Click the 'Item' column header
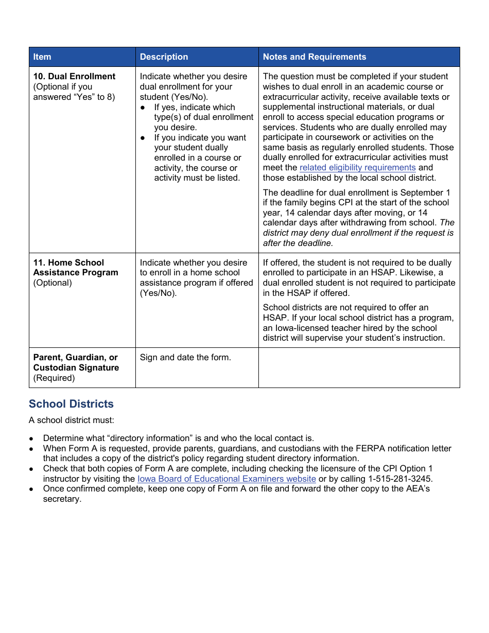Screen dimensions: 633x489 42,57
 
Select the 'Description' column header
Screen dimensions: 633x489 164,57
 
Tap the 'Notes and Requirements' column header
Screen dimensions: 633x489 315,57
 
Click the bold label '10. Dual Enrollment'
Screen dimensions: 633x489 74,77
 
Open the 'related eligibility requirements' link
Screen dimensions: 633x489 357,168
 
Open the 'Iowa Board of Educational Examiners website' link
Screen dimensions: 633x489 226,479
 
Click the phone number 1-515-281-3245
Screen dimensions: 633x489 399,479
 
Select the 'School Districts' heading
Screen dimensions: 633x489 71,404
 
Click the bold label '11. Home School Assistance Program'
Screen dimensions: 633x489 75,268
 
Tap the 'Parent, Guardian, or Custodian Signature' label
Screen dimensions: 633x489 76,362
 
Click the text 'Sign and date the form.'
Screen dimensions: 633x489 185,358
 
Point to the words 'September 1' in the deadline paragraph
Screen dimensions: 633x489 427,193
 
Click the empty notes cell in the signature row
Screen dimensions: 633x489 359,367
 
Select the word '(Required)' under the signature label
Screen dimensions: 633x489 54,378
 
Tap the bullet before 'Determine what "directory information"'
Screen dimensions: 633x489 31,439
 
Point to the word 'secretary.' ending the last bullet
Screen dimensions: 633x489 62,499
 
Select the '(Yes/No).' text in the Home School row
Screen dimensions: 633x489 158,293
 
